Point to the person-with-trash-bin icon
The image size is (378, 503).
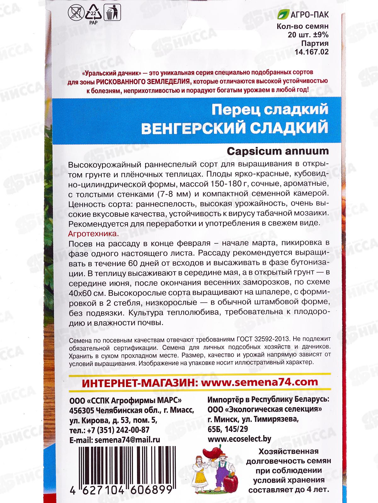tap(111, 14)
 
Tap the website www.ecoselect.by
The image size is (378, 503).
tap(240, 439)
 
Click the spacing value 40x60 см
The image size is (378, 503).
tap(86, 293)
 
